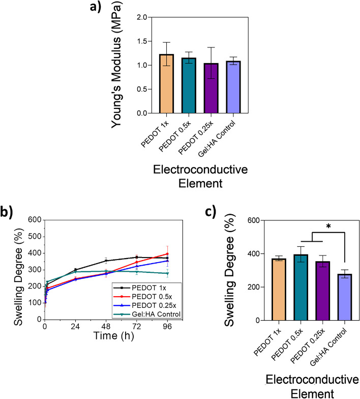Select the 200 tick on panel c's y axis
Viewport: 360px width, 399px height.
click(258, 288)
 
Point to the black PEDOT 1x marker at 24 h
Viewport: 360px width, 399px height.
click(75, 270)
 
